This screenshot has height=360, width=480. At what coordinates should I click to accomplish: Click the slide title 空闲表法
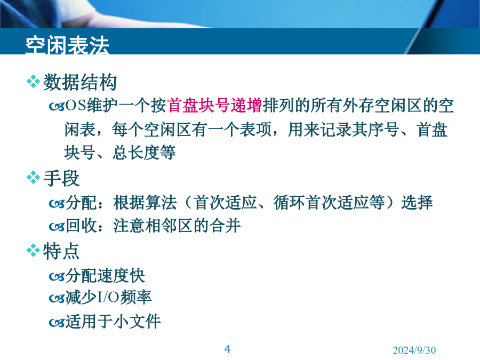67,46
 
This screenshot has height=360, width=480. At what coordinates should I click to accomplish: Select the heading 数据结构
80,82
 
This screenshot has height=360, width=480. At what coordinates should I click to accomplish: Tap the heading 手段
61,179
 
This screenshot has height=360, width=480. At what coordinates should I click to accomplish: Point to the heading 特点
61,251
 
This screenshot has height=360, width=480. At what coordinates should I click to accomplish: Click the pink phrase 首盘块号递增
214,106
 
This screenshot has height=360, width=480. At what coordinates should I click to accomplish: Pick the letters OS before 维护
76,106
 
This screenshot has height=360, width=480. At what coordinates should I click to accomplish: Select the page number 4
227,349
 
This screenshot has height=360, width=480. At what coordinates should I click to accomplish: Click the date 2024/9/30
414,350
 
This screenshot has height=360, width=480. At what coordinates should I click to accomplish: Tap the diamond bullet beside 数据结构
33,82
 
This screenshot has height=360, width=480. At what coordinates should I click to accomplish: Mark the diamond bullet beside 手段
33,178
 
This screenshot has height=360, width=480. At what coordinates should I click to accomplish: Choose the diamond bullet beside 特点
33,251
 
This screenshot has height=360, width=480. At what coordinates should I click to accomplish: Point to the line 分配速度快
105,276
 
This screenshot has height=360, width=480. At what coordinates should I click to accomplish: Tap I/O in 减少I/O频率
108,298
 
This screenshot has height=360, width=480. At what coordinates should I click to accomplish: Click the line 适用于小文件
113,322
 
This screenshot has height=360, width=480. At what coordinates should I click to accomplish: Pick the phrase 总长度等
143,153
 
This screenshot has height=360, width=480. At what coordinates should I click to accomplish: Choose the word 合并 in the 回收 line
225,226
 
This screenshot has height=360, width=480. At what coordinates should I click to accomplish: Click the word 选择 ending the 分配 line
417,203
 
